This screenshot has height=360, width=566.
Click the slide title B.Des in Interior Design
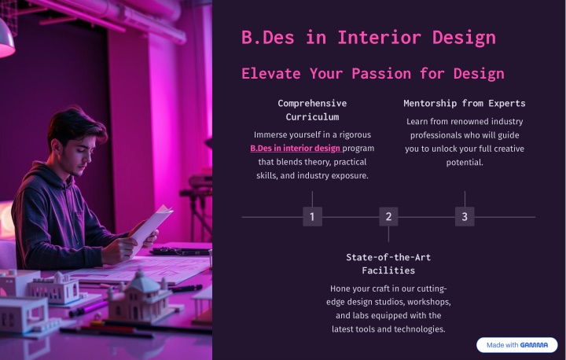(369, 38)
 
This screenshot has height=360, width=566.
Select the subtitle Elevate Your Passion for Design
(373, 74)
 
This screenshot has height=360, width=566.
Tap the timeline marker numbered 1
(312, 217)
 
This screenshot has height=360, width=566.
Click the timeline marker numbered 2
(388, 217)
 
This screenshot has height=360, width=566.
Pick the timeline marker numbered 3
(465, 217)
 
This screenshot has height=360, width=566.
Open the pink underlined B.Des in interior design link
(296, 149)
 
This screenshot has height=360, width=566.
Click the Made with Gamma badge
(517, 345)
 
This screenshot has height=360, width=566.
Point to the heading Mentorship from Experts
(465, 103)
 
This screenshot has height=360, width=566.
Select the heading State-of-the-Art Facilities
(388, 263)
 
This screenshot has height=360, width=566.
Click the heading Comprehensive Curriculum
(312, 110)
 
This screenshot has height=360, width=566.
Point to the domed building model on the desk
(141, 296)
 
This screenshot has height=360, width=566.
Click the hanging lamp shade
(6, 41)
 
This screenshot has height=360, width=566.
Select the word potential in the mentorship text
(464, 163)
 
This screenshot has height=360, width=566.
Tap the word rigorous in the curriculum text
(355, 135)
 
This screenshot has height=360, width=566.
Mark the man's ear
(57, 147)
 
